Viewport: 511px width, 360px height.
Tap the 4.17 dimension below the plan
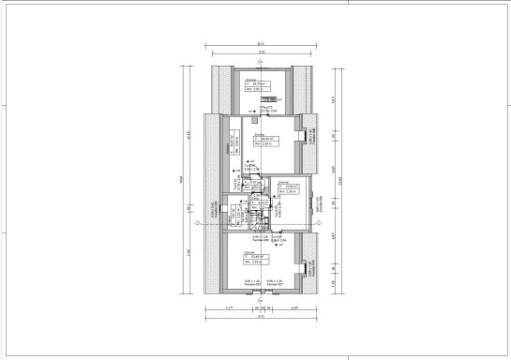tap(229, 308)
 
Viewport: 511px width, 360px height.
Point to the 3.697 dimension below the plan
tap(293, 308)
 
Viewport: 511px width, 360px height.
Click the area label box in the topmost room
tap(252, 85)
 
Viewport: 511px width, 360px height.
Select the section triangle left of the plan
tap(194, 224)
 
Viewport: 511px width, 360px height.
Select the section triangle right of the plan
tap(335, 224)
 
